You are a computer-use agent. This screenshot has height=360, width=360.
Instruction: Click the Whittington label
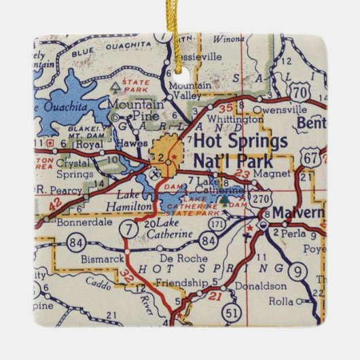click(x=234, y=118)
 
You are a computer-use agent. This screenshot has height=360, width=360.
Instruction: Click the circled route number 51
click(x=232, y=313)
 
